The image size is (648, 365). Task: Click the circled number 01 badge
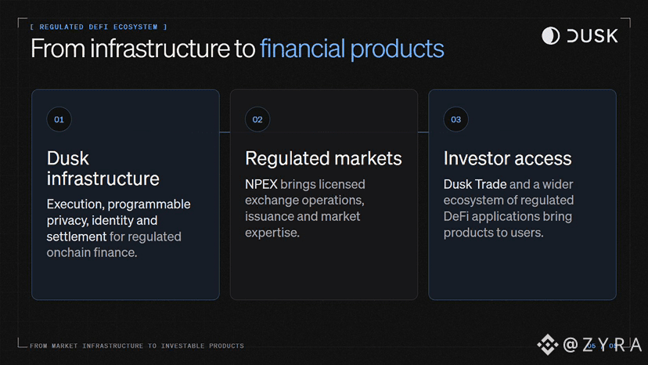click(59, 120)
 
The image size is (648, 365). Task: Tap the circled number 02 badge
click(257, 120)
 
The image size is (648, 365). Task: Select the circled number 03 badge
click(455, 120)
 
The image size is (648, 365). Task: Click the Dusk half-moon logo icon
click(550, 36)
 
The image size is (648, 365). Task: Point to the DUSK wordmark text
click(592, 36)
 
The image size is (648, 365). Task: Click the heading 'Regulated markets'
click(323, 158)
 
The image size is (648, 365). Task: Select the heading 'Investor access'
click(507, 158)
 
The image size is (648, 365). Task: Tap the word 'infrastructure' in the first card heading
click(103, 179)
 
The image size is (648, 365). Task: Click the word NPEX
click(261, 184)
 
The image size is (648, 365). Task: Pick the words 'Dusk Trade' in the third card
click(475, 184)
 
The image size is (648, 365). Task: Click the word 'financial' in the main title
click(303, 49)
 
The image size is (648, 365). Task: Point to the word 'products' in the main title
click(397, 49)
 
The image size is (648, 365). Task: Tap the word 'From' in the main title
click(58, 49)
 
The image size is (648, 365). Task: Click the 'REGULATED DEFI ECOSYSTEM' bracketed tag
click(99, 27)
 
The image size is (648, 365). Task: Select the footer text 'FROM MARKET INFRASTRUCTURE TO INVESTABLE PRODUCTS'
click(137, 345)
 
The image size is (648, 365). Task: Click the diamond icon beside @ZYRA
click(548, 345)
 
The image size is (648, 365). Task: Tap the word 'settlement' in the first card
click(77, 237)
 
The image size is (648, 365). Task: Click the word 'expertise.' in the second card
click(272, 233)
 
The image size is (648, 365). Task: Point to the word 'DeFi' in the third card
click(456, 216)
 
